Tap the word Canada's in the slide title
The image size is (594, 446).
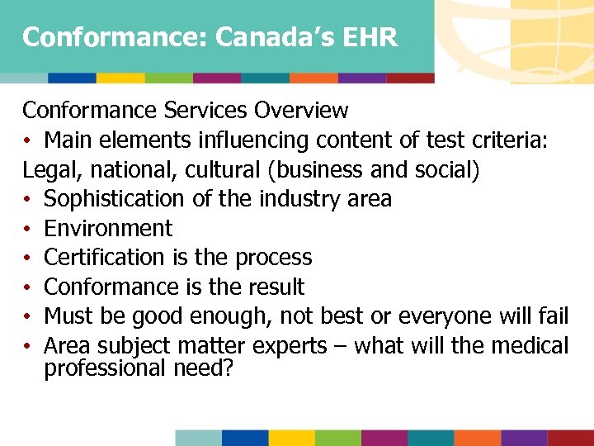[257, 37]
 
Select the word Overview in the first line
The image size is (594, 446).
[301, 110]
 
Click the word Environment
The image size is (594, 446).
[108, 229]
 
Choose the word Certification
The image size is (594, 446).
[106, 258]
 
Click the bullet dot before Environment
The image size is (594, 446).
[27, 230]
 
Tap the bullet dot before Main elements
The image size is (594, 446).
[27, 140]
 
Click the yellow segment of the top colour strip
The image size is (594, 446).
[120, 78]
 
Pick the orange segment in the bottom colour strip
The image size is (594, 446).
[478, 438]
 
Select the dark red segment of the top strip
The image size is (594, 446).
[410, 78]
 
